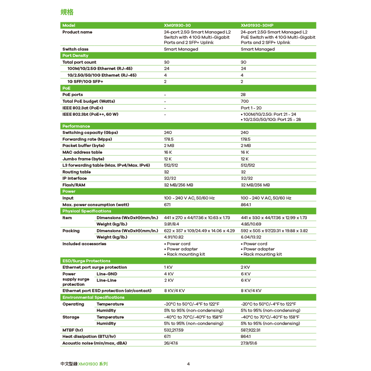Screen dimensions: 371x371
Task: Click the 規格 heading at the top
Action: click(67, 12)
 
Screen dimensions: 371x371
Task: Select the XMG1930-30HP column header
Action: click(257, 25)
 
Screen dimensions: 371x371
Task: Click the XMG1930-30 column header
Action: click(177, 25)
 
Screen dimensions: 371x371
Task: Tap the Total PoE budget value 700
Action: click(245, 101)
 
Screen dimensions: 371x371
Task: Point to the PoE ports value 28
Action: click(243, 95)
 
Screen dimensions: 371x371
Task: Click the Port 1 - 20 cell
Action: click(251, 108)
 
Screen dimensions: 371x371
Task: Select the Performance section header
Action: click(76, 126)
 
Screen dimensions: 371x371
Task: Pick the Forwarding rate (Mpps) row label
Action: click(87, 139)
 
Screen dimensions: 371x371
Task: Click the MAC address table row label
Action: click(82, 152)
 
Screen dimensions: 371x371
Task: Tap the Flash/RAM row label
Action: click(73, 185)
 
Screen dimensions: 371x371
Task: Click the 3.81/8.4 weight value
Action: click(172, 224)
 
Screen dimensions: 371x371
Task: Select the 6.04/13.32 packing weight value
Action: click(251, 237)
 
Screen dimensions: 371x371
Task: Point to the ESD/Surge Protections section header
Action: click(86, 261)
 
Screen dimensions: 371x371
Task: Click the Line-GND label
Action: click(107, 274)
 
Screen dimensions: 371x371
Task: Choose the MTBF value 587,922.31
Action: click(251, 330)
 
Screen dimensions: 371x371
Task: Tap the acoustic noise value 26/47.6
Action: click(171, 343)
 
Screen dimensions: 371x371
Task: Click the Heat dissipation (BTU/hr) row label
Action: click(89, 336)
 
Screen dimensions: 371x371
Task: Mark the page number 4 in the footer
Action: click(188, 364)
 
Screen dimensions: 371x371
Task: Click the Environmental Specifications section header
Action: click(93, 298)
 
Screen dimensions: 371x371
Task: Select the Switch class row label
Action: click(75, 49)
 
